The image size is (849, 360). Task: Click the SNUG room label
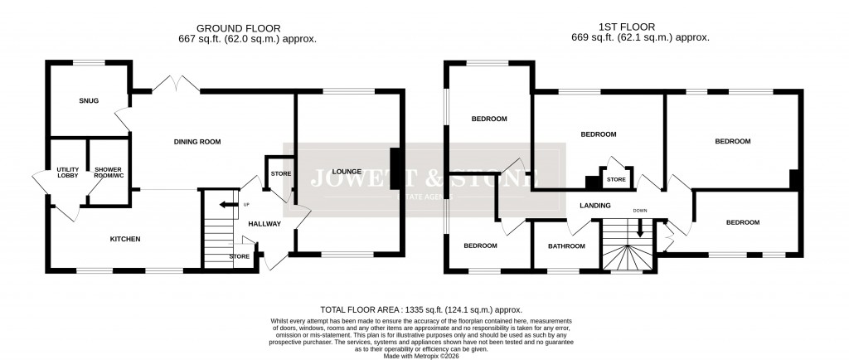click(89, 100)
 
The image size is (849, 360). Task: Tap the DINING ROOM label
click(197, 142)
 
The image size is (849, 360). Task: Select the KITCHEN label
click(126, 239)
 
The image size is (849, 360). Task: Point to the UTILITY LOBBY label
click(68, 173)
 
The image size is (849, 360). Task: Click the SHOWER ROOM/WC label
click(107, 173)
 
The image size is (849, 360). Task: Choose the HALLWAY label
click(264, 224)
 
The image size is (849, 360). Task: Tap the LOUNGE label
click(346, 172)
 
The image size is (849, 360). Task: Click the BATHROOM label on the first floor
click(566, 246)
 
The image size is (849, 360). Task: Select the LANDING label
click(595, 205)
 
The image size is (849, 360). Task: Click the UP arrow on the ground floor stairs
click(224, 205)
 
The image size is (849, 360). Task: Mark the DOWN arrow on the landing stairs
click(640, 227)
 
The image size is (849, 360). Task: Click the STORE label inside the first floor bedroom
click(615, 178)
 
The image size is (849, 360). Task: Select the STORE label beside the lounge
click(281, 174)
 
